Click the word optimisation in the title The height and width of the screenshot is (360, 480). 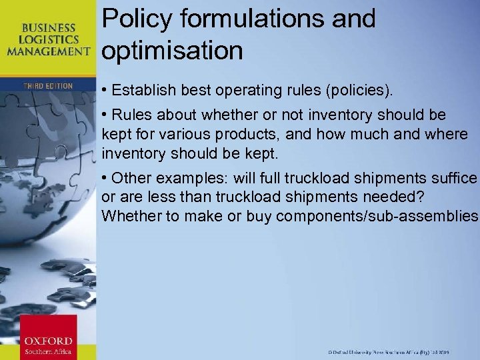(173, 50)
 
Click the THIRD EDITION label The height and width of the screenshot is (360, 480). (47, 86)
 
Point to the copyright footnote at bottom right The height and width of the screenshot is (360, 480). (398, 351)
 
